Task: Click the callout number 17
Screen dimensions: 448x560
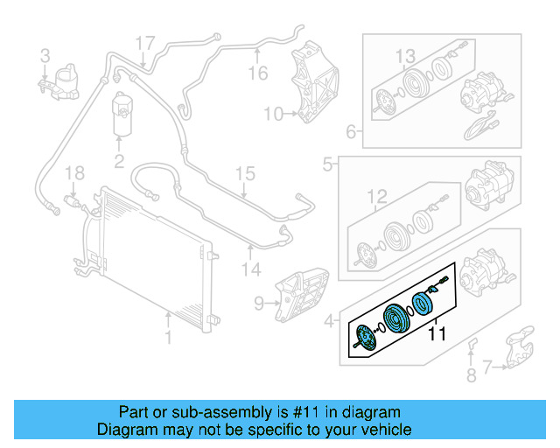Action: point(145,42)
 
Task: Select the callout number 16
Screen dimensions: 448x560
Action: point(256,73)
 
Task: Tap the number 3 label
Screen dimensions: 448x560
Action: point(45,57)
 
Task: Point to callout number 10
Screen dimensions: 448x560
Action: point(273,113)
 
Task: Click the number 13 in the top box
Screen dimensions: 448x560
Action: point(404,57)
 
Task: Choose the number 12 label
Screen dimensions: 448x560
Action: point(376,196)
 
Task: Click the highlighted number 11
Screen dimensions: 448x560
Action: point(437,333)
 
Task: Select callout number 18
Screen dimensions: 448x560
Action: point(75,171)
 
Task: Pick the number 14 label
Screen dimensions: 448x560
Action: point(251,271)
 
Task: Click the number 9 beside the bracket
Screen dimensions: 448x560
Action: point(259,304)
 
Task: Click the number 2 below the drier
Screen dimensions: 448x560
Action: point(119,160)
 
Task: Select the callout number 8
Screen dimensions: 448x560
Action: point(472,376)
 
